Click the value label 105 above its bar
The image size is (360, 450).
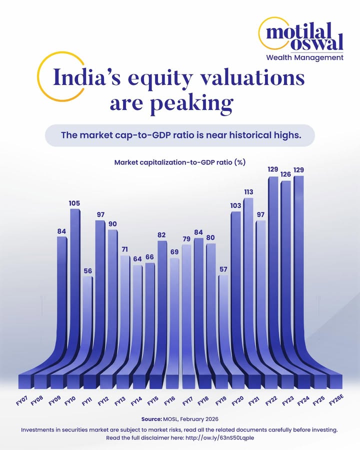coord(74,203)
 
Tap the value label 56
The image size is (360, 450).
coord(87,271)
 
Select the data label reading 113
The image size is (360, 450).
coord(248,192)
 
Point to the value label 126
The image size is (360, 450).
coord(285,174)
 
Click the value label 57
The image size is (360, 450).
coord(223,269)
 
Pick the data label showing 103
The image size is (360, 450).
coord(235,205)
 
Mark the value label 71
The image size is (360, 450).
coord(124,249)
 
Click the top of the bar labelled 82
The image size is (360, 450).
coord(162,242)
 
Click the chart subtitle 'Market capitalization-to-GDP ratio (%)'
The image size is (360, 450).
coord(179,162)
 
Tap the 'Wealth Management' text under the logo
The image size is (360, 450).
coord(311,57)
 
